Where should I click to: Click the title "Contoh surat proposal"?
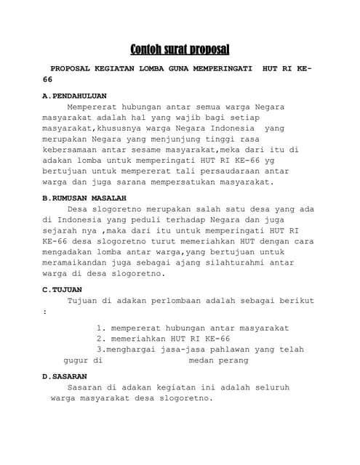(x=180, y=49)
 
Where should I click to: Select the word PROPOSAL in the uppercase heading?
(x=71, y=68)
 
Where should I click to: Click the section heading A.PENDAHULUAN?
(x=75, y=95)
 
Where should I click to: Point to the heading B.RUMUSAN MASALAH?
(x=84, y=198)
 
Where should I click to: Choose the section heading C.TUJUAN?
(x=62, y=289)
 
